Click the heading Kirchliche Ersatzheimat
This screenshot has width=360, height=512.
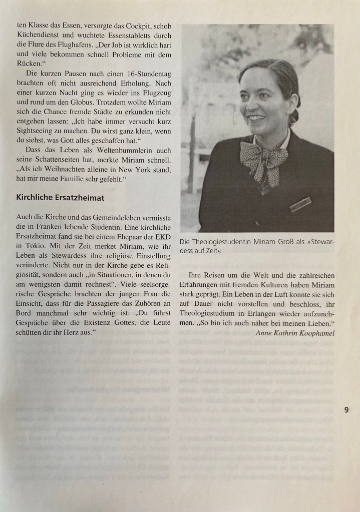click(60, 198)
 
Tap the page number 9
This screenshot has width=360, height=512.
click(346, 409)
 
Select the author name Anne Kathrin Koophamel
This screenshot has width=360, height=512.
click(294, 333)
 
